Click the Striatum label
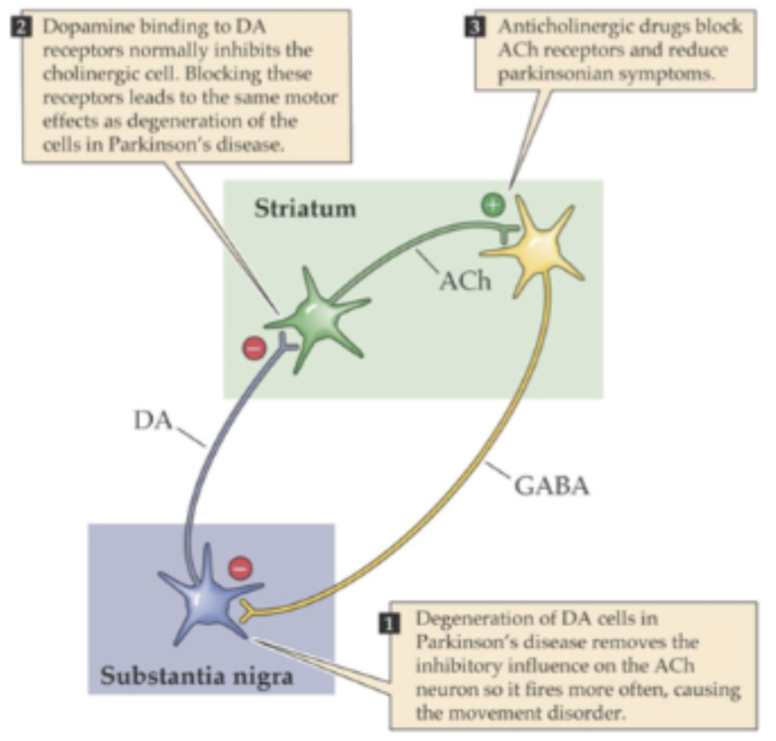pos(305,209)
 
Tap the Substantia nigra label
pos(196,675)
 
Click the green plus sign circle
pos(493,204)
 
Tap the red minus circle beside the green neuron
pos(254,348)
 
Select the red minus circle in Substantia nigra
pos(241,568)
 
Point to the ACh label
pos(465,282)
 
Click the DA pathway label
pos(153,420)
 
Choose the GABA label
pos(552,486)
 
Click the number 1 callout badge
pos(389,624)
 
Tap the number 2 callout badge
pos(20,27)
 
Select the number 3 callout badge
pos(475,27)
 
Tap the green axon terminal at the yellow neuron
pos(507,233)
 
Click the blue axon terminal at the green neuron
pos(287,343)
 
